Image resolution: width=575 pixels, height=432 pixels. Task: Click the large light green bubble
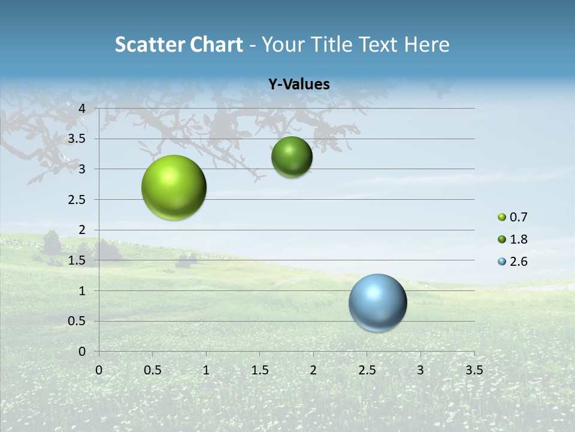tap(174, 187)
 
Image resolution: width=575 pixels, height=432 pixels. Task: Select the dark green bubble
tap(292, 157)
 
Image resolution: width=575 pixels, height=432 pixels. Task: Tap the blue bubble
tap(378, 302)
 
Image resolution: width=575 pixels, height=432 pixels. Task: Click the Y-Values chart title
tap(299, 85)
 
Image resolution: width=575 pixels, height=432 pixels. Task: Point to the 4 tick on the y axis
tap(83, 109)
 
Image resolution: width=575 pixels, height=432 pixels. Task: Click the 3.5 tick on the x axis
tap(474, 370)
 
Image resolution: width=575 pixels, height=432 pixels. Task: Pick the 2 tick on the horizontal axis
tap(313, 370)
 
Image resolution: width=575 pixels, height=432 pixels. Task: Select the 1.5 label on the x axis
tap(259, 370)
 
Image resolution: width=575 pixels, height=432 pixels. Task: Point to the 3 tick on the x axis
tap(420, 370)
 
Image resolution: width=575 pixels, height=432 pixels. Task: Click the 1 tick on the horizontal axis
tap(206, 370)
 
